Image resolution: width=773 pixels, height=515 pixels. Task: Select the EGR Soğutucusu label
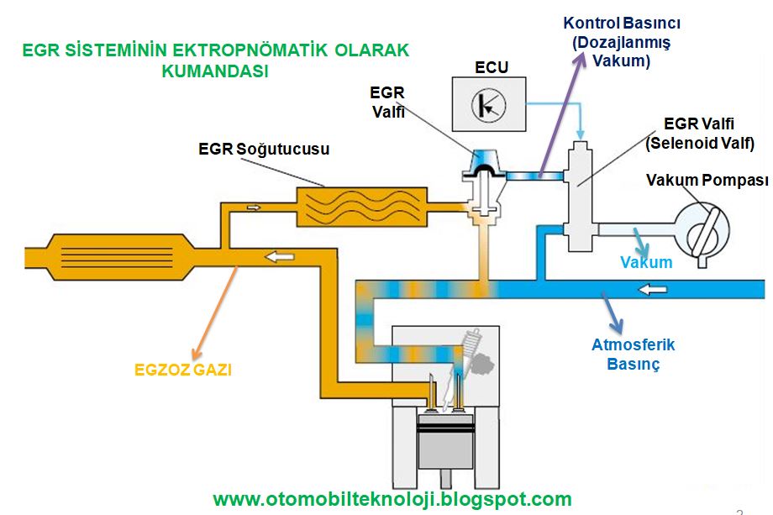point(264,150)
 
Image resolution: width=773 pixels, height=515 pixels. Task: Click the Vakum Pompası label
point(707,181)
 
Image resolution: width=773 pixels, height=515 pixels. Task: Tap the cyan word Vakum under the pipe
point(646,262)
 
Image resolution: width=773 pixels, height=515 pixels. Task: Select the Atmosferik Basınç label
point(634,354)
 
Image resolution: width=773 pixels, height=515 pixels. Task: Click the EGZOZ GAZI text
point(183,370)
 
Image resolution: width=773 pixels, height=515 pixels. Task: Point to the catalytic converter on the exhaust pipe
point(113,252)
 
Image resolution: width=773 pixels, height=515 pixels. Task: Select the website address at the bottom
point(392,498)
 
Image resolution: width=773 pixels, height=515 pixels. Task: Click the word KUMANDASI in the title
point(215,71)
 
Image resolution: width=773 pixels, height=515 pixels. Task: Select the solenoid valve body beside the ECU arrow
point(580,189)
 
